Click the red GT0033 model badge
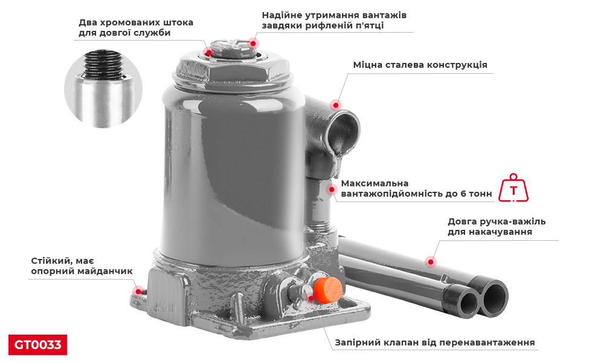38,345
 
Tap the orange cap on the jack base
327,290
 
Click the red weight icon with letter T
513,188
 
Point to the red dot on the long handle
431,262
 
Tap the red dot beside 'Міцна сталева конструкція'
336,105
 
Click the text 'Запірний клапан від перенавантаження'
435,342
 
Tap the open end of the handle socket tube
343,132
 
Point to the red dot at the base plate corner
138,292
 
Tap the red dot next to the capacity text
332,189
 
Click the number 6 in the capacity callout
463,194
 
